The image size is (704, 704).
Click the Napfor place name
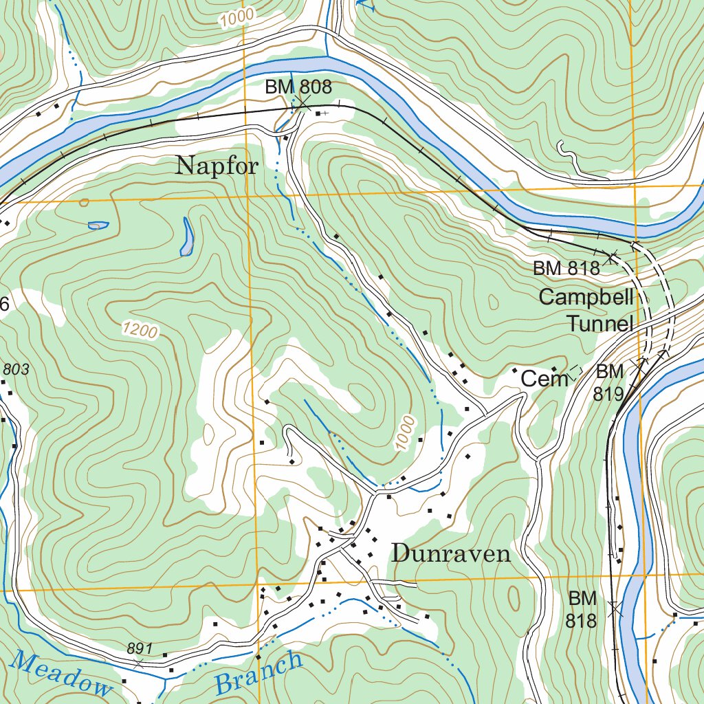tap(217, 166)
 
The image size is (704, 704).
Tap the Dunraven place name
tap(451, 554)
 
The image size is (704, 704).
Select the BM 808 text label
tap(298, 87)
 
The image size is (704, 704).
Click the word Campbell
tap(585, 297)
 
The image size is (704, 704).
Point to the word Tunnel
tap(599, 324)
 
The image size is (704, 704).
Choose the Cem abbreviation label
tap(544, 378)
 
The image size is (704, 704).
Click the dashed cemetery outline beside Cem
tap(575, 372)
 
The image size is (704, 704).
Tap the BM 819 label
tap(610, 382)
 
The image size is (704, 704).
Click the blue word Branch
tap(258, 672)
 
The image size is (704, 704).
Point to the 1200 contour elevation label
tap(140, 331)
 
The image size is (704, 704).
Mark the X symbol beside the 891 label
tap(139, 663)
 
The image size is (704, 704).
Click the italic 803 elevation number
tap(15, 370)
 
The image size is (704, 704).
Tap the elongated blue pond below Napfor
tap(187, 237)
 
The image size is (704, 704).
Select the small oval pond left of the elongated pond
tap(98, 225)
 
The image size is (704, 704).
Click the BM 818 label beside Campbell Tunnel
tap(566, 269)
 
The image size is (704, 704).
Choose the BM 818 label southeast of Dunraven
tap(581, 609)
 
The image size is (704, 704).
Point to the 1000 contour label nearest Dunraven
tap(406, 433)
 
